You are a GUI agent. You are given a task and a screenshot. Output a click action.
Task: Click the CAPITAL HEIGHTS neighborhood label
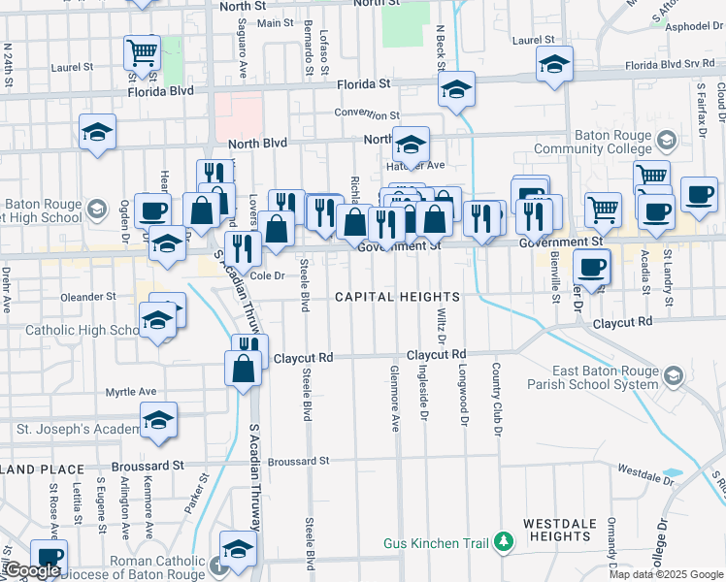coord(398,296)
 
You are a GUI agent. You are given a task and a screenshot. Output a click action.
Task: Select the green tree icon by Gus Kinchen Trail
coord(503,541)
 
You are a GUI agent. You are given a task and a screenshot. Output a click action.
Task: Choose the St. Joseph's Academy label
coord(78,428)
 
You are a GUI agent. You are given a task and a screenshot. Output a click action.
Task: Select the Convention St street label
coord(367,113)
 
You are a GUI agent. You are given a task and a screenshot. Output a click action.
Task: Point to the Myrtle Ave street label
coord(131,392)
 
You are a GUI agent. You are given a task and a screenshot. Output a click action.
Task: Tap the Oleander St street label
coord(87,296)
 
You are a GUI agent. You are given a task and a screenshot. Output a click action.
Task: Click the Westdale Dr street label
coord(644,475)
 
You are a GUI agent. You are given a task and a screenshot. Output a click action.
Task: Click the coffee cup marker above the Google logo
coord(49,556)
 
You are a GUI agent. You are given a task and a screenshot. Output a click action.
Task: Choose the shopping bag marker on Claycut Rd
coord(243,368)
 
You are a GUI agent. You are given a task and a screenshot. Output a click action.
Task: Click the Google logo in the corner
coord(32,570)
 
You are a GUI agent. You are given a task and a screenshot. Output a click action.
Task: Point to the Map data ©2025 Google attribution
coord(665,573)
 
